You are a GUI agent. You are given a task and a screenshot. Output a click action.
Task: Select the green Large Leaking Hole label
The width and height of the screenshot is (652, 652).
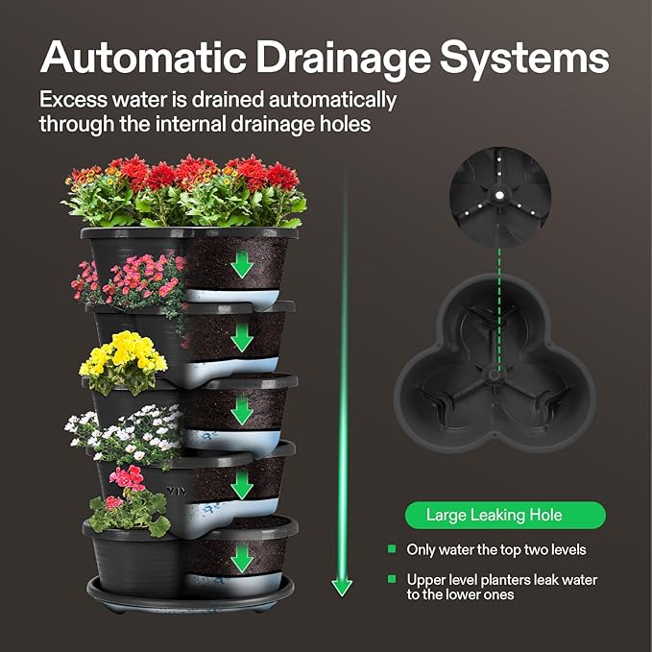tap(504, 516)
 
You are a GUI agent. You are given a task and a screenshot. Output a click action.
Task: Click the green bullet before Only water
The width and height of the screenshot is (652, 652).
tap(392, 548)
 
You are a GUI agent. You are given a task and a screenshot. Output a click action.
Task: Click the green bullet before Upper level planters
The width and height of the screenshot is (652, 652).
tap(392, 579)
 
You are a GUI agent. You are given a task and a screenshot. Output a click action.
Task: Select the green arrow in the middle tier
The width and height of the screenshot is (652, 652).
tap(243, 410)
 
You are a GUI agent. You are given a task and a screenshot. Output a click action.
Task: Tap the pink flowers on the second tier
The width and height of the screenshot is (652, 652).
tap(134, 278)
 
